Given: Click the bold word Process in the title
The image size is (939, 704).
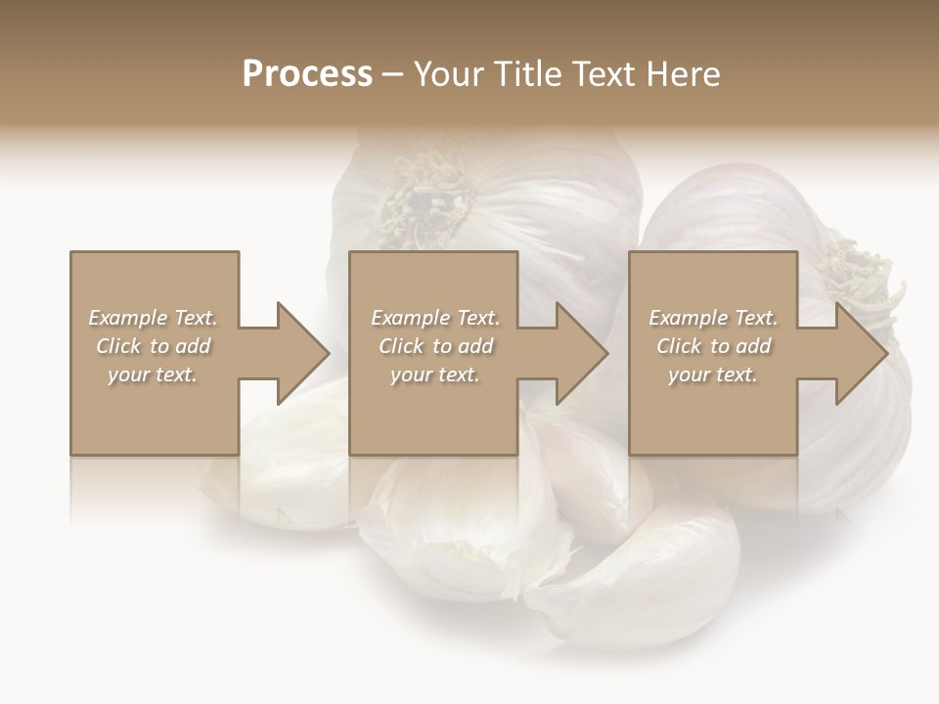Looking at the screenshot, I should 307,74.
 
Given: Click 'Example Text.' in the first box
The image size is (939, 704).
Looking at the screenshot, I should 153,318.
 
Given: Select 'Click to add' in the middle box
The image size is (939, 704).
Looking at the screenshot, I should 435,346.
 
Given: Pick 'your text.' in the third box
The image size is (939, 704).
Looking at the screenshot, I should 713,374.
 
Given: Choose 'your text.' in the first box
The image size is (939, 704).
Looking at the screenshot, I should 153,374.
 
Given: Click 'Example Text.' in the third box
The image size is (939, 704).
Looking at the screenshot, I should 713,318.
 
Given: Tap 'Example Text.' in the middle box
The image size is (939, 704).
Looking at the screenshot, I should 435,318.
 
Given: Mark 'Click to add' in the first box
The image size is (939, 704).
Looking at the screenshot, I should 153,346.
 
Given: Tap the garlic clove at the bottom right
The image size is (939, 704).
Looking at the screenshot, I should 646,577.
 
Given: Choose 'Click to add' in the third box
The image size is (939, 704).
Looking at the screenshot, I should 713,346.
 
